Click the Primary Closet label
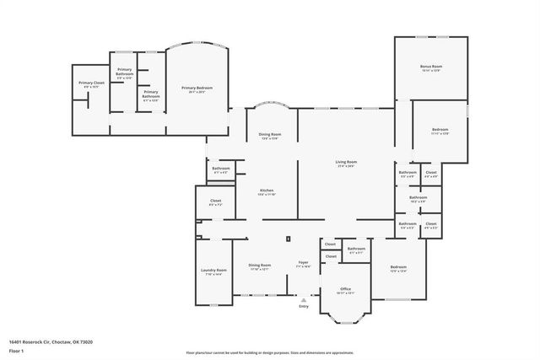(x=91, y=83)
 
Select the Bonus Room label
(x=431, y=67)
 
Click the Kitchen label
(x=267, y=192)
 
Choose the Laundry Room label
(x=213, y=271)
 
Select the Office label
(x=345, y=290)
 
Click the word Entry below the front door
(x=304, y=306)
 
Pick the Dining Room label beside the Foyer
(x=259, y=266)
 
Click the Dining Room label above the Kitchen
(x=270, y=136)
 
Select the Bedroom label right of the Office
(x=398, y=269)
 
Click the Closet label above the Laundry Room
(x=215, y=202)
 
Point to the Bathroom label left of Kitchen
(x=221, y=169)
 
